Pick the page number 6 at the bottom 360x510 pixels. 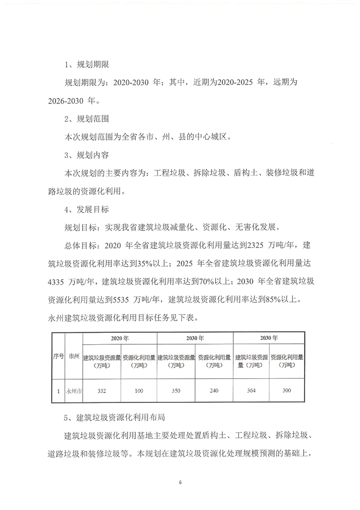pos(180,481)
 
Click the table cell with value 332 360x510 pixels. pos(102,391)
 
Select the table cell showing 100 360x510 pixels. pos(139,391)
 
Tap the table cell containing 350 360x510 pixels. pos(176,391)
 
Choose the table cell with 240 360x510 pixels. pos(214,391)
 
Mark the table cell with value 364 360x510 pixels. pos(251,391)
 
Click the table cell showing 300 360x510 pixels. pos(286,391)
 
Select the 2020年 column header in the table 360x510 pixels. pos(120,338)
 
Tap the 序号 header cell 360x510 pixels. pos(58,357)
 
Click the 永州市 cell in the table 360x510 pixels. pos(74,391)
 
